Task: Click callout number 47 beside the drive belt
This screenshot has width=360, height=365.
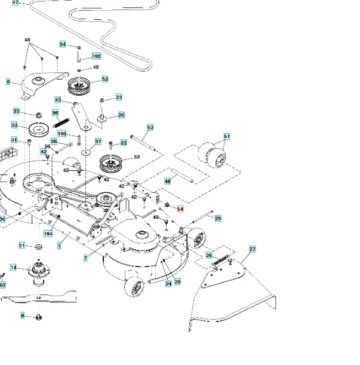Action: pyautogui.click(x=16, y=3)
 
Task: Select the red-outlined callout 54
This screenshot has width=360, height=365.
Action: pyautogui.click(x=181, y=210)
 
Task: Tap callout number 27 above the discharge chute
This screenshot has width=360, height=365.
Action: pyautogui.click(x=252, y=249)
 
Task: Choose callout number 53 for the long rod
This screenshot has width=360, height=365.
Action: pyautogui.click(x=150, y=127)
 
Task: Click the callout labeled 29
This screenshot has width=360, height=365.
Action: pyautogui.click(x=218, y=219)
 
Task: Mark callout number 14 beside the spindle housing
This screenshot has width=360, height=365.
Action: pyautogui.click(x=13, y=267)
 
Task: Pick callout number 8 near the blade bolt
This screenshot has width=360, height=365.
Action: pyautogui.click(x=23, y=315)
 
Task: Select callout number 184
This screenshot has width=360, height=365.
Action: pyautogui.click(x=48, y=234)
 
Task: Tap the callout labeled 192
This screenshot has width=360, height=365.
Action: pyautogui.click(x=96, y=56)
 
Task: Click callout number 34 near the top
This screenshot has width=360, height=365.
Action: pyautogui.click(x=63, y=44)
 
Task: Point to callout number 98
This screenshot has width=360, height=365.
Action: pyautogui.click(x=56, y=112)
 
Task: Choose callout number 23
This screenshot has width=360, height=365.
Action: pyautogui.click(x=119, y=97)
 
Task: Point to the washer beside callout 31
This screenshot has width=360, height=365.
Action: pyautogui.click(x=38, y=246)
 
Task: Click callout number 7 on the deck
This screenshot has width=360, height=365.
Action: pyautogui.click(x=85, y=257)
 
